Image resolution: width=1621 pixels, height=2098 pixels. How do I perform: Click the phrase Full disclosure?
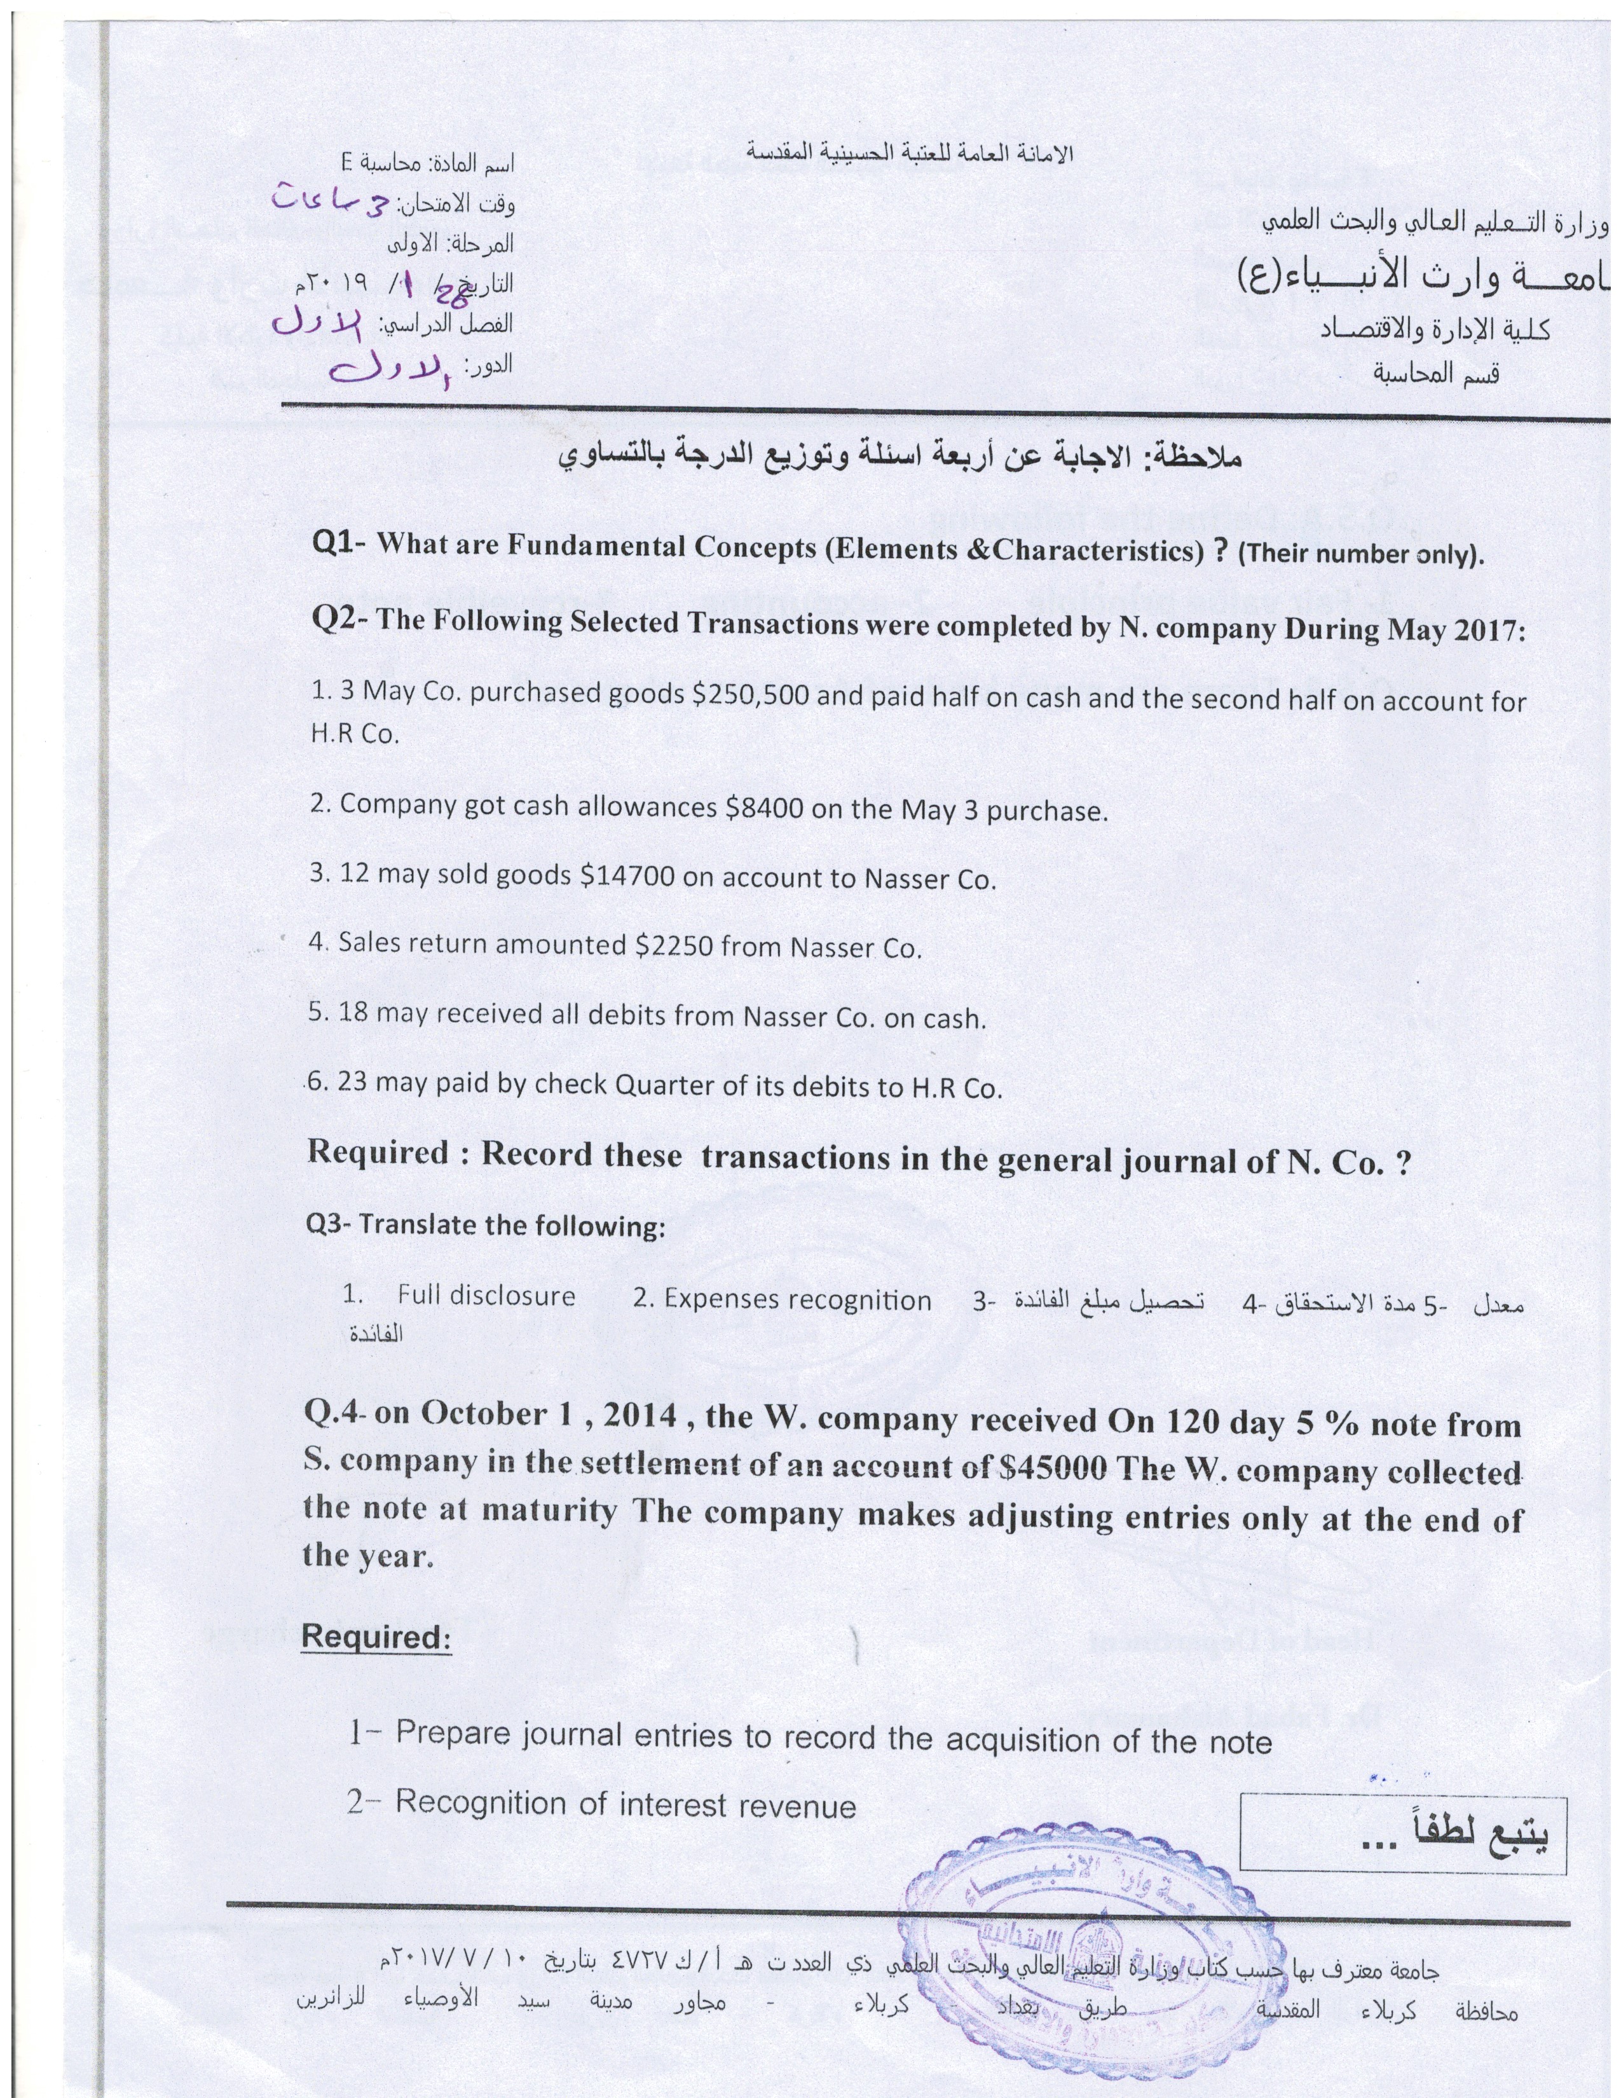[x=486, y=1296]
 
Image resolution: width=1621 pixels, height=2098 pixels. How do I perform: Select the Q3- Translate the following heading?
[x=485, y=1226]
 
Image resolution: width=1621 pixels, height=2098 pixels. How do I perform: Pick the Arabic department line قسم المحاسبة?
[x=1435, y=373]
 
